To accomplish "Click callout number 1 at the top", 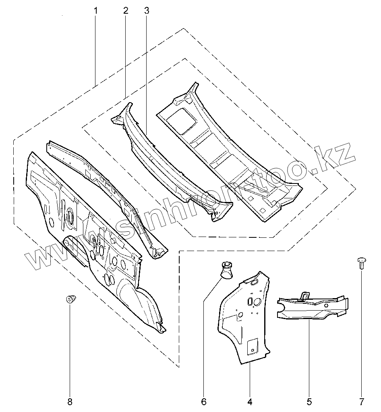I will tap(95, 11).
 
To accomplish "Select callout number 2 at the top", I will tap(126, 11).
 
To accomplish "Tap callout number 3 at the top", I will tap(146, 11).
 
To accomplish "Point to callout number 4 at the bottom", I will tap(250, 401).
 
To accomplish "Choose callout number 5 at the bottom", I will tap(309, 401).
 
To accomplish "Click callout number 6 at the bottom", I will tap(204, 401).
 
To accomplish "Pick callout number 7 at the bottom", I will tap(361, 401).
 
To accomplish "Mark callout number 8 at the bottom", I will tap(70, 401).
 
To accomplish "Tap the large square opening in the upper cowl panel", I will tap(182, 120).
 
